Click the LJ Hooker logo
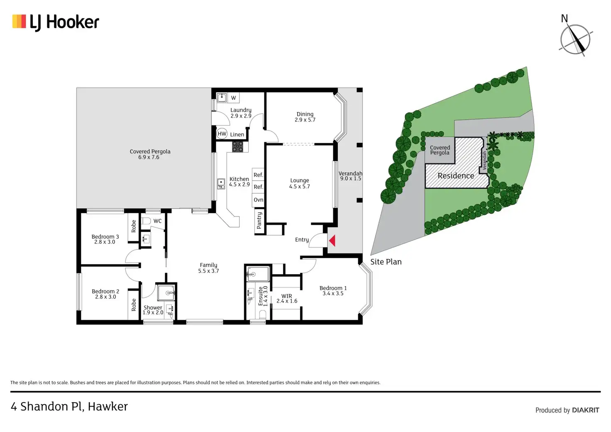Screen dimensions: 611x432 point(56,22)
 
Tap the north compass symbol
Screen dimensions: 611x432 point(575,39)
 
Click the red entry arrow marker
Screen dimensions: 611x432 point(332,241)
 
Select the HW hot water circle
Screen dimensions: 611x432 point(222,134)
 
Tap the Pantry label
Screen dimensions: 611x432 point(259,221)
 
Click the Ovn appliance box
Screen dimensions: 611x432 point(259,200)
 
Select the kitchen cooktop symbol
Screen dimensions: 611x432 point(237,146)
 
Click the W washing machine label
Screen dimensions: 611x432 point(233,98)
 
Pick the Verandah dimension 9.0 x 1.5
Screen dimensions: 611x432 point(351,179)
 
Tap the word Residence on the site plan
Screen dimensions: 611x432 point(456,176)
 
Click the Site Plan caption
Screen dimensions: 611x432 point(386,262)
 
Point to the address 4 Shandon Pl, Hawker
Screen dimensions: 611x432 point(69,406)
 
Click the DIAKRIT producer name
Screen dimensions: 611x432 point(585,410)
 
